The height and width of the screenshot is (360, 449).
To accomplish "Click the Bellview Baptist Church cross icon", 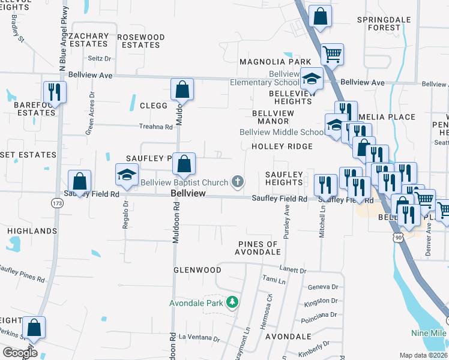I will pos(238,182).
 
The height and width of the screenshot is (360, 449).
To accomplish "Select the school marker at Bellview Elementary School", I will pos(312,79).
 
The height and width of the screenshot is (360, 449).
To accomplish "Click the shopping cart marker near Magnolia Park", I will pos(332,55).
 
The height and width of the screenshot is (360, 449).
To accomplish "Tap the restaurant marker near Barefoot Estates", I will pos(55,93).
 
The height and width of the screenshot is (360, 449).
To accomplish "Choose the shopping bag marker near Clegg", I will pos(182,90).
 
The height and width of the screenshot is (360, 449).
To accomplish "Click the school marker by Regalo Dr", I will pos(127,175).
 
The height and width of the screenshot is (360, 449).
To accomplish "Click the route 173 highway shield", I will pos(57,203).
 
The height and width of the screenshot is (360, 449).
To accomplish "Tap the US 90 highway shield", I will pos(397,238).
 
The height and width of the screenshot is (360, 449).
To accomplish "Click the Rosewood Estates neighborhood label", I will pos(140,41).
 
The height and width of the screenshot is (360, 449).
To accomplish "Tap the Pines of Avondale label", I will pos(259,248).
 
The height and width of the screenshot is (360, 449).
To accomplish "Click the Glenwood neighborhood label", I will pos(197,270).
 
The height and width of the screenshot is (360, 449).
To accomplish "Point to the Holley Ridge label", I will pos(282,146).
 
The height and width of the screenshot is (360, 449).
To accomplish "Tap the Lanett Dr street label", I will pos(292,271).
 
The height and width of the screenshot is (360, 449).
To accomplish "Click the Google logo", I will pos(20,352).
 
